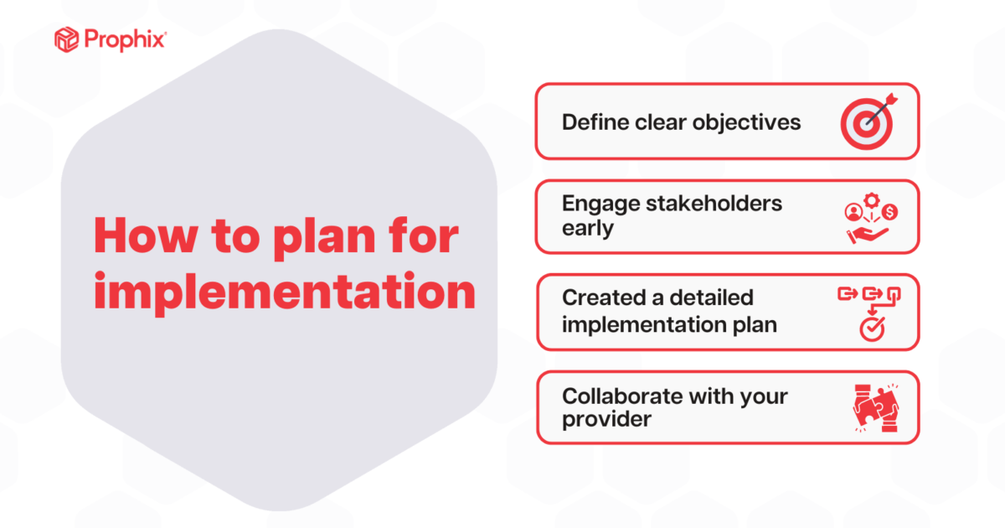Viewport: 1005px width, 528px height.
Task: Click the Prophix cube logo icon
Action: click(x=66, y=39)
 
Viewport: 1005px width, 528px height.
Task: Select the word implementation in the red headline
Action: click(x=284, y=292)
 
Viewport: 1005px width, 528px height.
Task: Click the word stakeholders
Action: click(x=719, y=204)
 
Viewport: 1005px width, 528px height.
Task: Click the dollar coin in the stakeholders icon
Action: click(x=889, y=212)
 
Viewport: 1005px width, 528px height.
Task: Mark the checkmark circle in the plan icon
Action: click(x=870, y=330)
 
